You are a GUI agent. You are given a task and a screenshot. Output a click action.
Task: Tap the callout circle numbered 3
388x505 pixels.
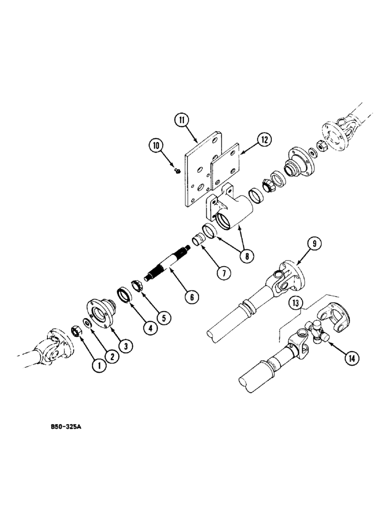[x=126, y=346]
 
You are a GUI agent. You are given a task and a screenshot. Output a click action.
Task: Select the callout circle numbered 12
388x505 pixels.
[x=265, y=139]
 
